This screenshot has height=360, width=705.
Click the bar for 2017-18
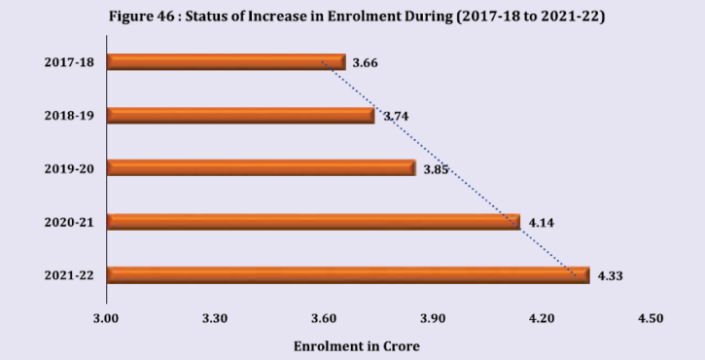coord(226,62)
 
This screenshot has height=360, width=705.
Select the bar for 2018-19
coord(240,116)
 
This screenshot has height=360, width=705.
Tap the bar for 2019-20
coord(261,168)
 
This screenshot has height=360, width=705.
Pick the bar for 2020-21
coord(313,222)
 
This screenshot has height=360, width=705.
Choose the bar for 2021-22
coord(347,275)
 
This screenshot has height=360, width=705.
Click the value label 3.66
coord(365,63)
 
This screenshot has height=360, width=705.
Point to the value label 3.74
coord(395,116)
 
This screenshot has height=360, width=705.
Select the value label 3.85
coord(436,169)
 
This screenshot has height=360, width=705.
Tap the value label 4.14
coord(541,223)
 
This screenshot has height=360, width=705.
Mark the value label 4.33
coord(610,276)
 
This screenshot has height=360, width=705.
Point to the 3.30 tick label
coord(215,318)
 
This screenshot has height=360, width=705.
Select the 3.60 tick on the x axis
coord(324,318)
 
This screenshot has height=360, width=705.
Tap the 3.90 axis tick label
coord(433,318)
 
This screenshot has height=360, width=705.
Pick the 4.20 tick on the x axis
coord(542,318)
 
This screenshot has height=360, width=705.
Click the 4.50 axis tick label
coord(650,318)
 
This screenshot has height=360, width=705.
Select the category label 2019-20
coord(68,169)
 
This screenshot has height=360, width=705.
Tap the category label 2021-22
coord(68,276)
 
